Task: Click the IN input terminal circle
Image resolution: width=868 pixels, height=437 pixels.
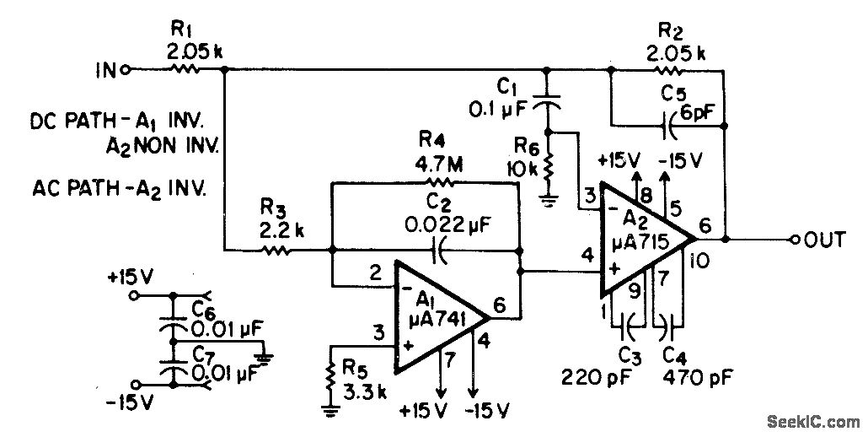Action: (x=126, y=71)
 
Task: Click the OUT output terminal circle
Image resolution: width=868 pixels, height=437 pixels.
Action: (x=795, y=240)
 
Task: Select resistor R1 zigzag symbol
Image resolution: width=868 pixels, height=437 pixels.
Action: (x=185, y=71)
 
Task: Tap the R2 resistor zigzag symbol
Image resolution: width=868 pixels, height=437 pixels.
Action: (x=671, y=71)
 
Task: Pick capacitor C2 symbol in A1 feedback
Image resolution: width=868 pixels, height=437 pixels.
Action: (x=437, y=250)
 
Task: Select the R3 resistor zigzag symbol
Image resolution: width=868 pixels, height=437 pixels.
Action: (x=275, y=250)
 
